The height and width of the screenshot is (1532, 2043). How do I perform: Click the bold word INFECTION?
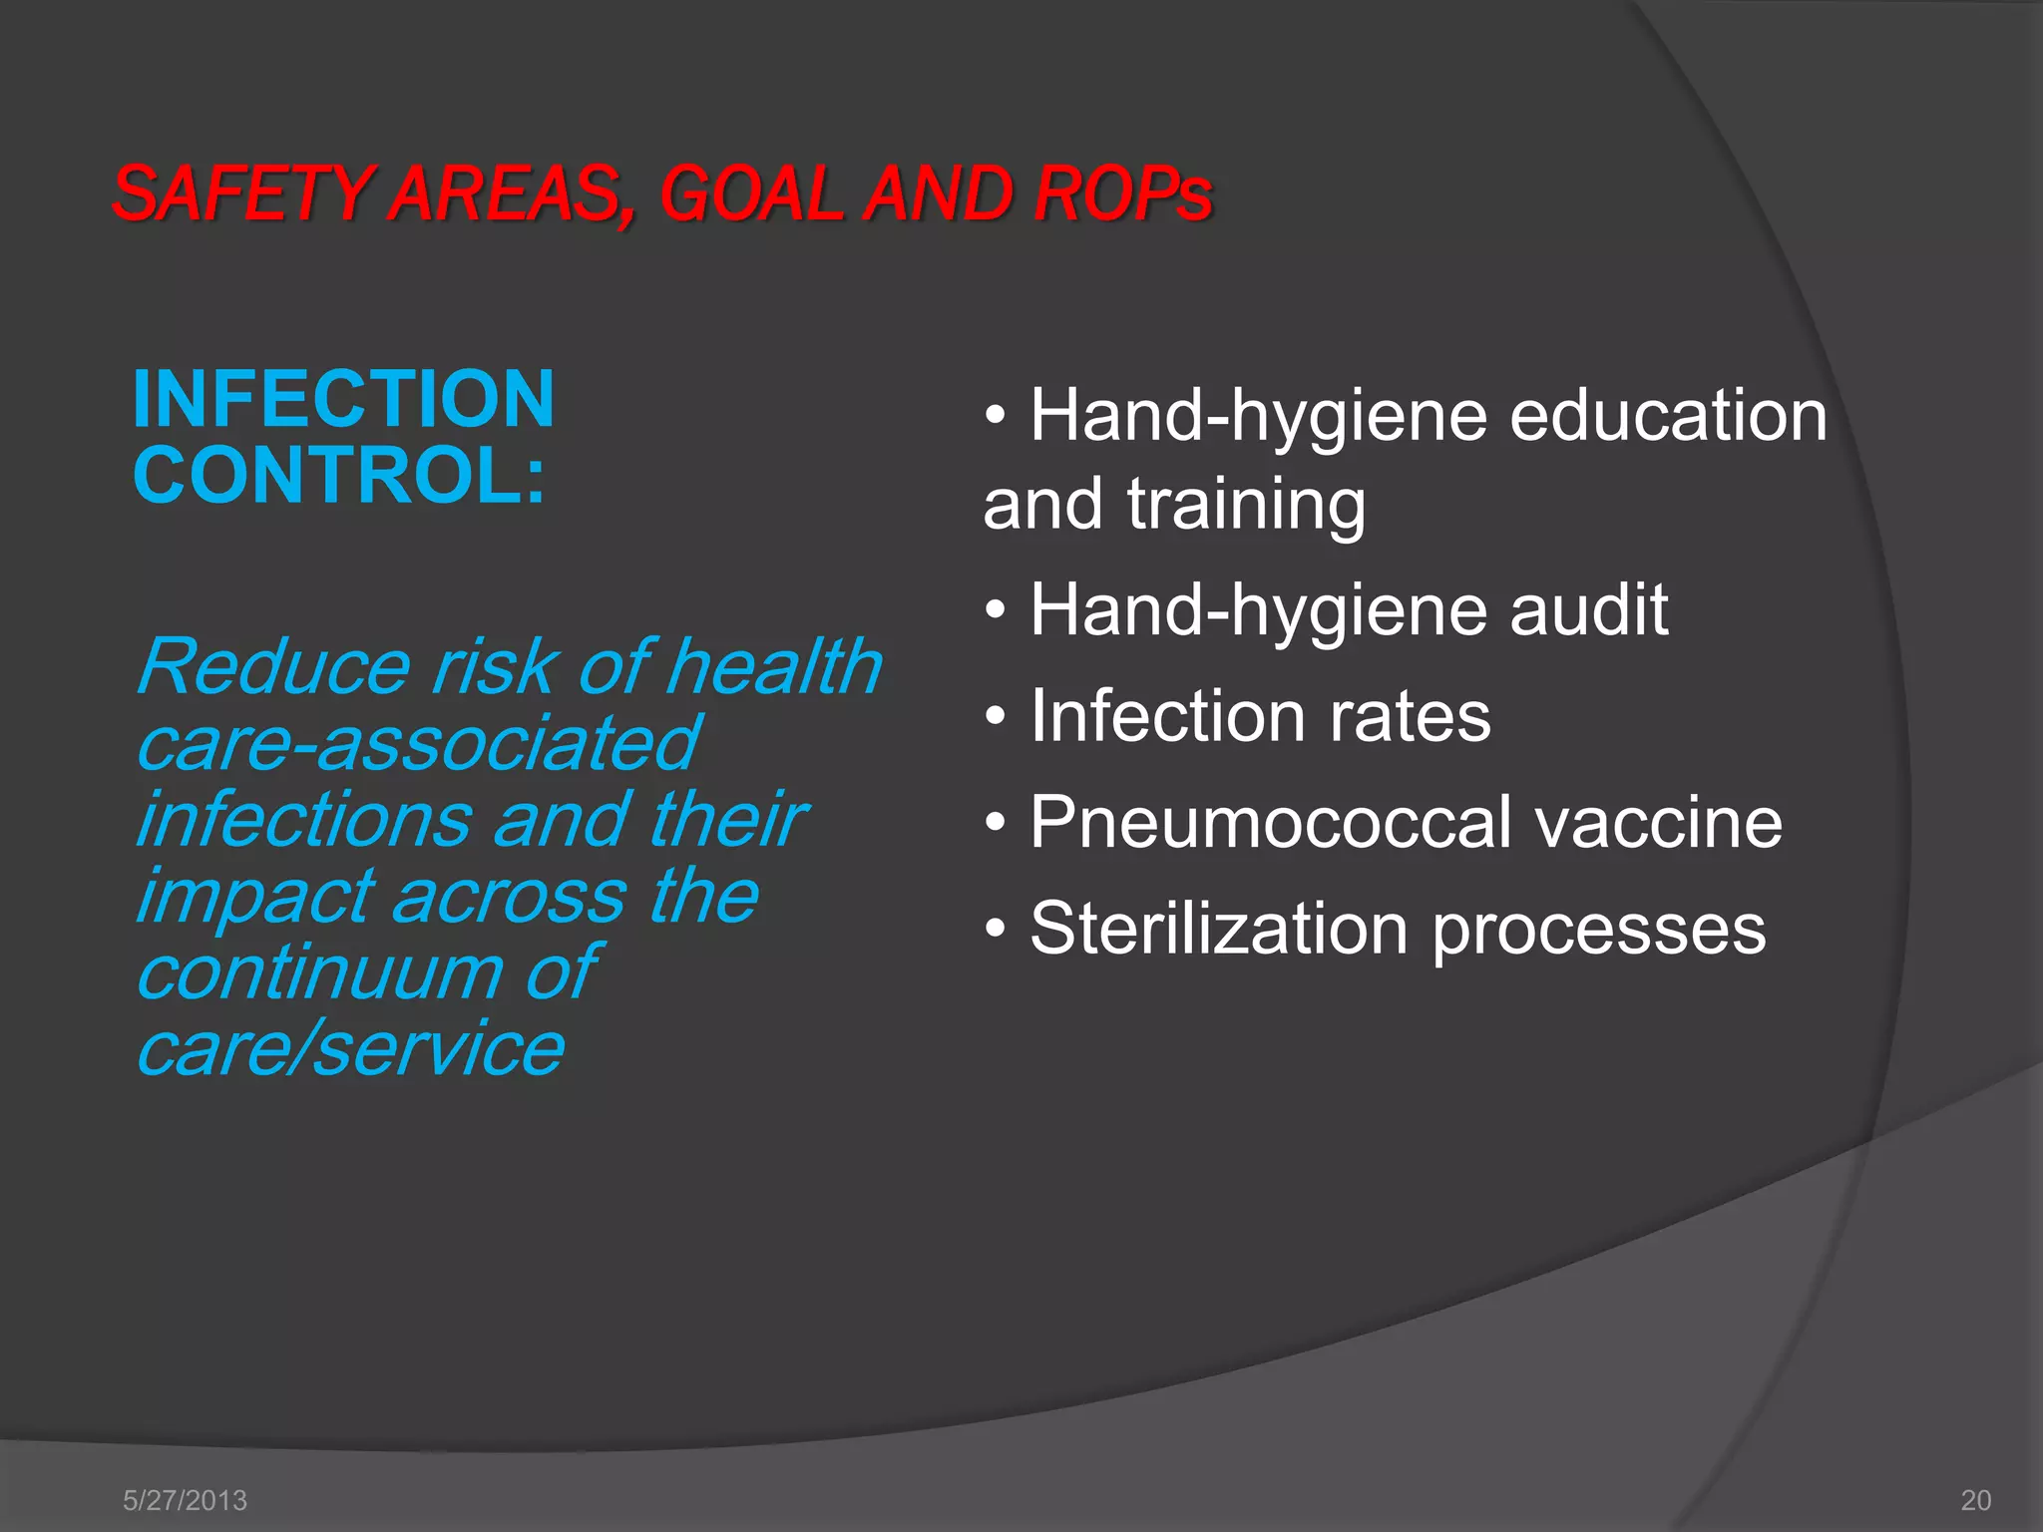tap(343, 399)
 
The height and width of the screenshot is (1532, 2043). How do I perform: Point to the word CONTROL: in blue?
tap(339, 475)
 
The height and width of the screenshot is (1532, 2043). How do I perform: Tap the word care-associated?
tap(418, 743)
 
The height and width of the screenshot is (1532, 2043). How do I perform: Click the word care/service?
tap(350, 1048)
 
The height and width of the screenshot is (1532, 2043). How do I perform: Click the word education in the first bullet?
tap(1668, 415)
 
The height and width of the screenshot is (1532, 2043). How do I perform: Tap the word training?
tap(1246, 504)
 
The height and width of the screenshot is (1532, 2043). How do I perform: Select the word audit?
tap(1588, 609)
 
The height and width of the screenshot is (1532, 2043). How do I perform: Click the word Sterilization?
tap(1218, 929)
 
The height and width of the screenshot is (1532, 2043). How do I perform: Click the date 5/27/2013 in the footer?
tap(185, 1500)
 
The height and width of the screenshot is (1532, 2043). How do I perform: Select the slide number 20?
tap(1976, 1500)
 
